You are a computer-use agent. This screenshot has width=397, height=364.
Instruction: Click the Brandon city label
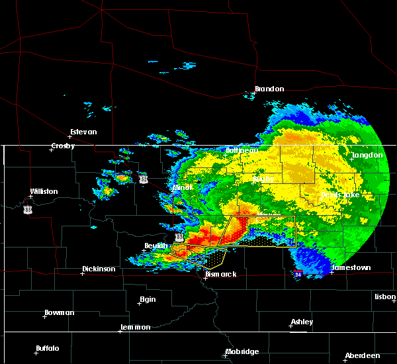(269, 89)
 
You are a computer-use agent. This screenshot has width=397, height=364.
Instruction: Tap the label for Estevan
(83, 132)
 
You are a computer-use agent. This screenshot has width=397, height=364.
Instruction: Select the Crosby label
(65, 146)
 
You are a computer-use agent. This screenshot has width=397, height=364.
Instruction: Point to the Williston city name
(44, 192)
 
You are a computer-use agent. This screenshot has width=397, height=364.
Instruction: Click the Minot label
(182, 187)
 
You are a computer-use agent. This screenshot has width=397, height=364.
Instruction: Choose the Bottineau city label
(242, 150)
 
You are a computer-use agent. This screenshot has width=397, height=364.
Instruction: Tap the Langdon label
(368, 155)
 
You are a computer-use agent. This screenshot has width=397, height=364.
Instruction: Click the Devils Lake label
(340, 195)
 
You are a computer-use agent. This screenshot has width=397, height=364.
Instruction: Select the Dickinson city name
(99, 269)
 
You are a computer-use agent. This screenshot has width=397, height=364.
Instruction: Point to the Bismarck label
(220, 274)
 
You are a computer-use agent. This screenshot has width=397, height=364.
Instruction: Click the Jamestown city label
(351, 268)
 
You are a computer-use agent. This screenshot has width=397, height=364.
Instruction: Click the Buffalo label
(48, 348)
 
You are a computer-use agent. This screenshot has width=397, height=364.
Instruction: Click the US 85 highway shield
(27, 209)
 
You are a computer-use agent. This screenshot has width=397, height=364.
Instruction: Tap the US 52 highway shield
(144, 179)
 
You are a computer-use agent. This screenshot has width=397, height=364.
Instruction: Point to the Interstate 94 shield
(298, 274)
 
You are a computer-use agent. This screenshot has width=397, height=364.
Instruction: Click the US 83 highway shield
(179, 236)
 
